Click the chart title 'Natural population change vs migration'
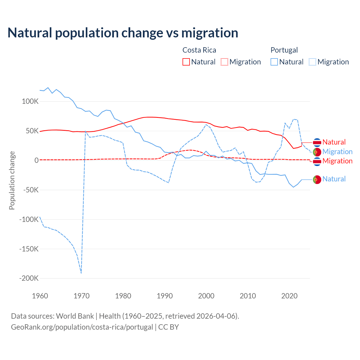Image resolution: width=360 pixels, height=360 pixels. point(123,33)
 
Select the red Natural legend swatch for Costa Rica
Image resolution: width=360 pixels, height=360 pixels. point(186,62)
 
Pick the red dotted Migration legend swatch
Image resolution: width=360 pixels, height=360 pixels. point(224,62)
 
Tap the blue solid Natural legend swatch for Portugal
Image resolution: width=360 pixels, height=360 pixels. point(274,62)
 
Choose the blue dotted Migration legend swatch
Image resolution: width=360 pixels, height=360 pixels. point(312,62)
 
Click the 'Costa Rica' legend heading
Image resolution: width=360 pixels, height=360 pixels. point(199,50)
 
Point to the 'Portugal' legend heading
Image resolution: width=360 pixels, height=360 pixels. point(284,50)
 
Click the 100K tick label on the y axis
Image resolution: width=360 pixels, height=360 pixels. point(30,102)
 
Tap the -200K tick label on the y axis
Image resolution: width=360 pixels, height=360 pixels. point(29,278)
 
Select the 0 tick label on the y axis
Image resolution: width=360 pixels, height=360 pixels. point(37,161)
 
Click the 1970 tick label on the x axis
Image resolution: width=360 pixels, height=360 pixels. point(82,296)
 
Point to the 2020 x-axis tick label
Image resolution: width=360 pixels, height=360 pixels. point(289,296)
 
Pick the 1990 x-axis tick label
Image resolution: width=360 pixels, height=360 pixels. point(165,296)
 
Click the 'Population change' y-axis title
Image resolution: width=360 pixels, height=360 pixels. point(12,180)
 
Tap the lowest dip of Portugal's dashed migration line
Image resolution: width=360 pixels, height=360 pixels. point(81,273)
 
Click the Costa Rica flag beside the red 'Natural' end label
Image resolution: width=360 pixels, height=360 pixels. point(317,143)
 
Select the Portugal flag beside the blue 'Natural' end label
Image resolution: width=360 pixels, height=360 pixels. point(317,179)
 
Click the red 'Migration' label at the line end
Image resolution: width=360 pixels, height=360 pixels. point(337,161)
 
